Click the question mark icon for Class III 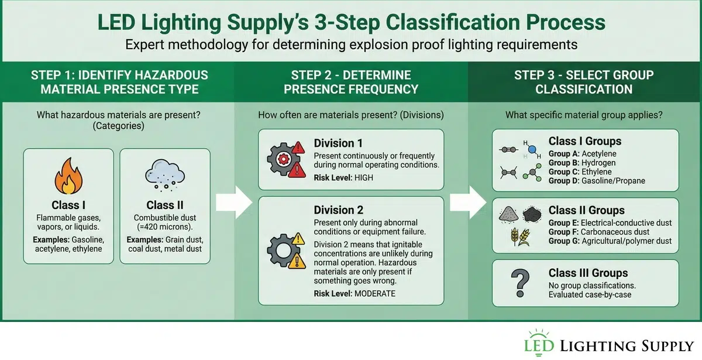[517, 283]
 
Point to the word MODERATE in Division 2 [375, 293]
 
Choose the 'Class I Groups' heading [584, 141]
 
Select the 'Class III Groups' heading [588, 273]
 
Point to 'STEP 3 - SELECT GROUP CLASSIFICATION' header [583, 83]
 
